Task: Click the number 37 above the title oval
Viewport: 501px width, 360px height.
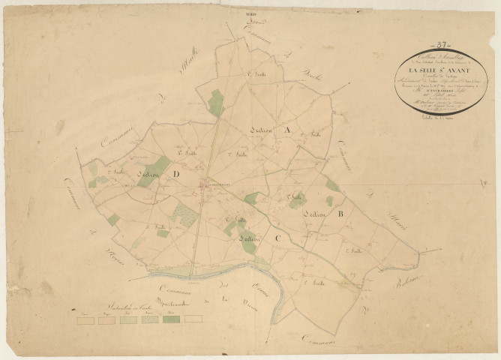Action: click(x=442, y=45)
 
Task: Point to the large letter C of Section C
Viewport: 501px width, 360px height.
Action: click(x=275, y=239)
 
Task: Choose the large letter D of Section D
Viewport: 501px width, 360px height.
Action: click(x=176, y=175)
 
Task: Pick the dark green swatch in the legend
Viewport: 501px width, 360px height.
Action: click(x=172, y=319)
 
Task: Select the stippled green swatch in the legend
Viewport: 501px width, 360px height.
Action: click(x=150, y=319)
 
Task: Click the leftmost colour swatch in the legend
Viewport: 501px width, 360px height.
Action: click(x=86, y=319)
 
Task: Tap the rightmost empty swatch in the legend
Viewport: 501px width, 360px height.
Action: click(x=193, y=319)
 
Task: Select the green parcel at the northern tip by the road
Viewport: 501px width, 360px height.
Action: click(x=216, y=103)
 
